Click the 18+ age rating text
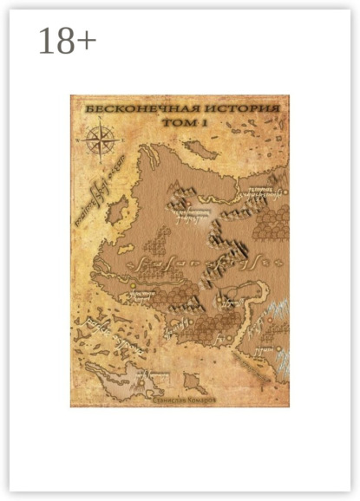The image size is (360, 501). click(x=67, y=42)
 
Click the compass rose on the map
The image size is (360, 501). click(x=98, y=139)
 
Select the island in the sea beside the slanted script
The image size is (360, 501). click(x=115, y=209)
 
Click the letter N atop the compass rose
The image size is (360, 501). click(x=98, y=124)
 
